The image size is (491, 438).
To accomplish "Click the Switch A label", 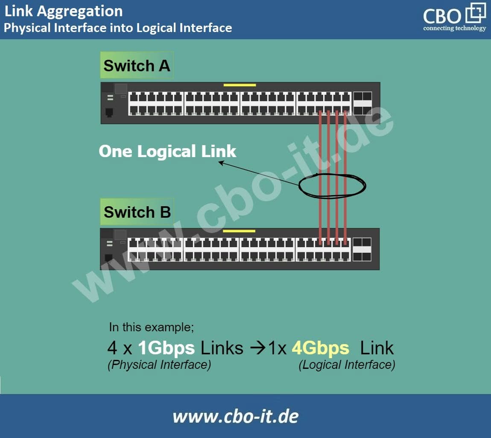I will click(137, 65).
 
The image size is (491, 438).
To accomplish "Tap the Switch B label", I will click(137, 212).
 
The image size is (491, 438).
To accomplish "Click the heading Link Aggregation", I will click(64, 11).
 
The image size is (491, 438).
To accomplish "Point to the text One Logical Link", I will click(167, 151).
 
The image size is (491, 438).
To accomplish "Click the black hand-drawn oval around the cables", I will click(332, 186).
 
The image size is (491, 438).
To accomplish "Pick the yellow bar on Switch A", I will click(240, 85).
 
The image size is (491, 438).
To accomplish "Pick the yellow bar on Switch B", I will click(239, 231).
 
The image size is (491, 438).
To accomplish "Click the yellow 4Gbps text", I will click(320, 348).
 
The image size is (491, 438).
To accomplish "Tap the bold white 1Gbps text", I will click(167, 348).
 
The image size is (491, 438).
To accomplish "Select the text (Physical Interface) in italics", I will click(159, 365).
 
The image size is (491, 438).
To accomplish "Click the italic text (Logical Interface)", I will click(347, 365).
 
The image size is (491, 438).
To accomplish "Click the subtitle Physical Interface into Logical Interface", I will click(118, 28).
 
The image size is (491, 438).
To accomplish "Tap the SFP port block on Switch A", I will click(362, 103).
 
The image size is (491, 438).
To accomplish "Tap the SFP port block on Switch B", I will click(362, 250).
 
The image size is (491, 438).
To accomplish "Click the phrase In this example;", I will click(152, 327).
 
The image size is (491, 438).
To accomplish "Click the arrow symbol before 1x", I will click(257, 348).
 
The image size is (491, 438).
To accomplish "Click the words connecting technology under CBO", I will click(454, 29).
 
